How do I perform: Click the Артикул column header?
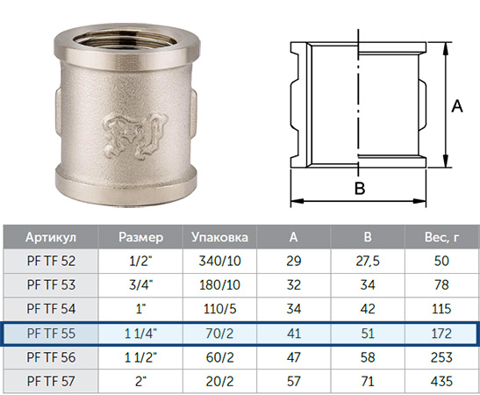pos(51,237)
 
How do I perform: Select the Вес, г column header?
pos(441,237)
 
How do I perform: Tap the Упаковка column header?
pos(219,237)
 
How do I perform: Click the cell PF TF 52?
pos(51,261)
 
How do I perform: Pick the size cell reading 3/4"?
pos(140,284)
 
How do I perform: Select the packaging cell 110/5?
pos(219,309)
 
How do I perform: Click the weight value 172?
pos(441,334)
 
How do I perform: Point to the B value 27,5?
pos(368,261)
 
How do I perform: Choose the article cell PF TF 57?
pos(51,381)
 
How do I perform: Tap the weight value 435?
pos(441,381)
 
